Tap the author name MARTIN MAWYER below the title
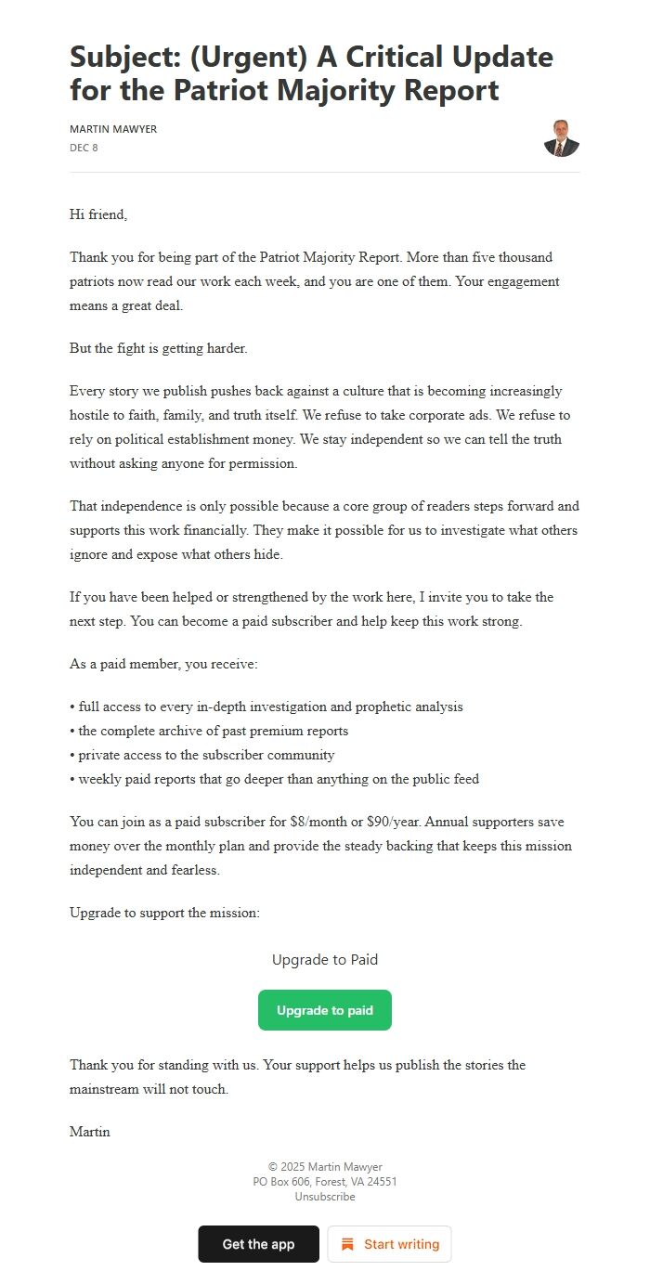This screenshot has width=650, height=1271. click(x=113, y=129)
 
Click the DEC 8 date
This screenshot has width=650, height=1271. click(x=84, y=148)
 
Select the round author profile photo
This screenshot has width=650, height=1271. click(x=561, y=138)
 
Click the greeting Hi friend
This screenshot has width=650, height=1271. click(x=98, y=214)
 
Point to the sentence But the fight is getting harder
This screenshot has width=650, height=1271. click(x=159, y=348)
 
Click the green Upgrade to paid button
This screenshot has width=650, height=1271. click(x=324, y=1010)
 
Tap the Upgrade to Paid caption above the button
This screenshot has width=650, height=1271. click(x=324, y=960)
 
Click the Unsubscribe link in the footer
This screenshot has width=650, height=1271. click(x=324, y=1197)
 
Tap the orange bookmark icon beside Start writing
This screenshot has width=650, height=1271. click(x=347, y=1244)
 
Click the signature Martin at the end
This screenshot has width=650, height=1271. click(x=90, y=1132)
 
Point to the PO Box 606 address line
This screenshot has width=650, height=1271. click(x=324, y=1182)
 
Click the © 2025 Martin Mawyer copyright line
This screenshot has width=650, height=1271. click(x=324, y=1167)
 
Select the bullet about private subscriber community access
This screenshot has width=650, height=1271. click(x=202, y=755)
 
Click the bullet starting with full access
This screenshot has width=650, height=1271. click(x=266, y=707)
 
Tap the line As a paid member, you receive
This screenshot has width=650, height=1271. click(x=163, y=665)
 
